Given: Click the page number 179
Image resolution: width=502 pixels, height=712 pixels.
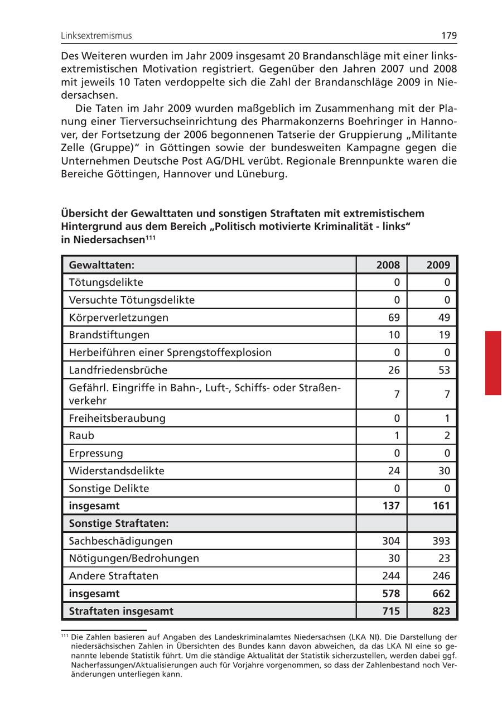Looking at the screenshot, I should tap(449, 36).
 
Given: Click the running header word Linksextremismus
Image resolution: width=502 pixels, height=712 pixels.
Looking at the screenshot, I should tap(96, 36).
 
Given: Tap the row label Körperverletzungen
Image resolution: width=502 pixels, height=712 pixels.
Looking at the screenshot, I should tap(119, 317).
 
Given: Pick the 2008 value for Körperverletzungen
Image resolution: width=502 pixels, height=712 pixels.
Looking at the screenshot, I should tap(394, 317).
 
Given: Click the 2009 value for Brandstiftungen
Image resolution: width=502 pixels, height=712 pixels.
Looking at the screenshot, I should tap(444, 335).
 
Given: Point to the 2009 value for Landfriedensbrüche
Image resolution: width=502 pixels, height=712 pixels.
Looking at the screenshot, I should tap(444, 370).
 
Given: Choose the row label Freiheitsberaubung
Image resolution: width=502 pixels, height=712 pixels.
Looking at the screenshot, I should tap(117, 418).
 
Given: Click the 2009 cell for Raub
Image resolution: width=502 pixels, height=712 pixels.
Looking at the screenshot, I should tap(447, 435).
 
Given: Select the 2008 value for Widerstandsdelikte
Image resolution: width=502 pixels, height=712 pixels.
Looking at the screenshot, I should tap(394, 470).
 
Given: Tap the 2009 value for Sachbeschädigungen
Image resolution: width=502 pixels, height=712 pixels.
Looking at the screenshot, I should tap(441, 541).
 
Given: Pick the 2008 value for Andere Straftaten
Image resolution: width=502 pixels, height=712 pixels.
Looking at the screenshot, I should tap(391, 575).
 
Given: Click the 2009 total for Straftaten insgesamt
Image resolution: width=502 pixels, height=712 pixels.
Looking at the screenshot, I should tap(441, 611).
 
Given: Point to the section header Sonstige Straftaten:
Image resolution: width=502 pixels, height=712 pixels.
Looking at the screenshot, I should tap(119, 523).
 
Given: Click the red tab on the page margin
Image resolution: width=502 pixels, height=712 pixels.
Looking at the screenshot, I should tap(493, 363).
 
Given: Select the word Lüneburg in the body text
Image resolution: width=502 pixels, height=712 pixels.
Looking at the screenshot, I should tap(264, 174).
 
